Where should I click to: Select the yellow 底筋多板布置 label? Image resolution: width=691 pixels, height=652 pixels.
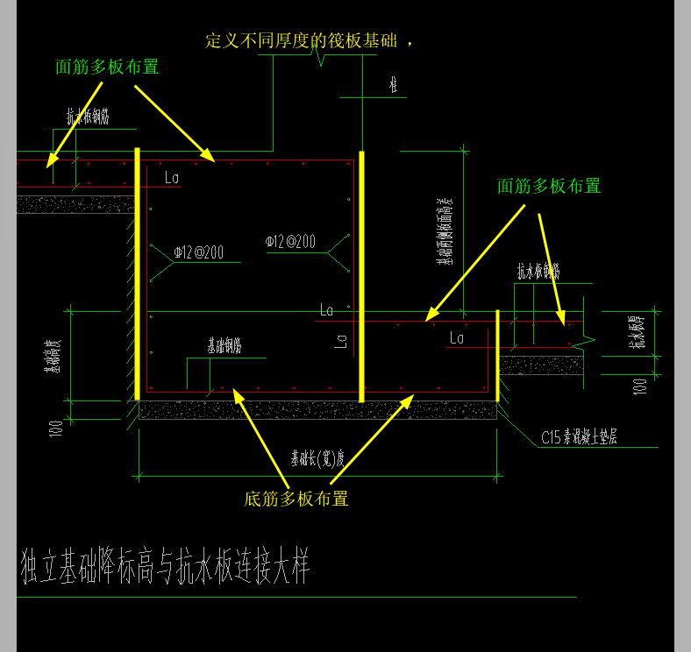point(296,499)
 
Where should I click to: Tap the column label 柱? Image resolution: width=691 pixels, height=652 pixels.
point(394,85)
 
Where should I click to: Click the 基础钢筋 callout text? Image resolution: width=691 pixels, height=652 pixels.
point(224,347)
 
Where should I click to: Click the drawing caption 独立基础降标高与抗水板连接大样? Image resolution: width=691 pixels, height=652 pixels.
point(165,568)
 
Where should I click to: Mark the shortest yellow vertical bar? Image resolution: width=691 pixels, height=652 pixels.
point(497,354)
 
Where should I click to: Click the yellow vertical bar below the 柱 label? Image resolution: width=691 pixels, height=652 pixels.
point(360,276)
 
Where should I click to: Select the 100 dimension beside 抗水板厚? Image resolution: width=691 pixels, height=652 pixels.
point(640,383)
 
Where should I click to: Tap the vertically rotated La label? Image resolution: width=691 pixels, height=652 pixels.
point(341,341)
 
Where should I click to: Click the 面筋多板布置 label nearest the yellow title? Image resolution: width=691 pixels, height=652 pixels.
point(107,67)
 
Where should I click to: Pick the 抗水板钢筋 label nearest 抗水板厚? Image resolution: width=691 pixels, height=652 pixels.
point(538,272)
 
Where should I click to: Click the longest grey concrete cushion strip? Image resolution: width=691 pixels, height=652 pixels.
point(317,410)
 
